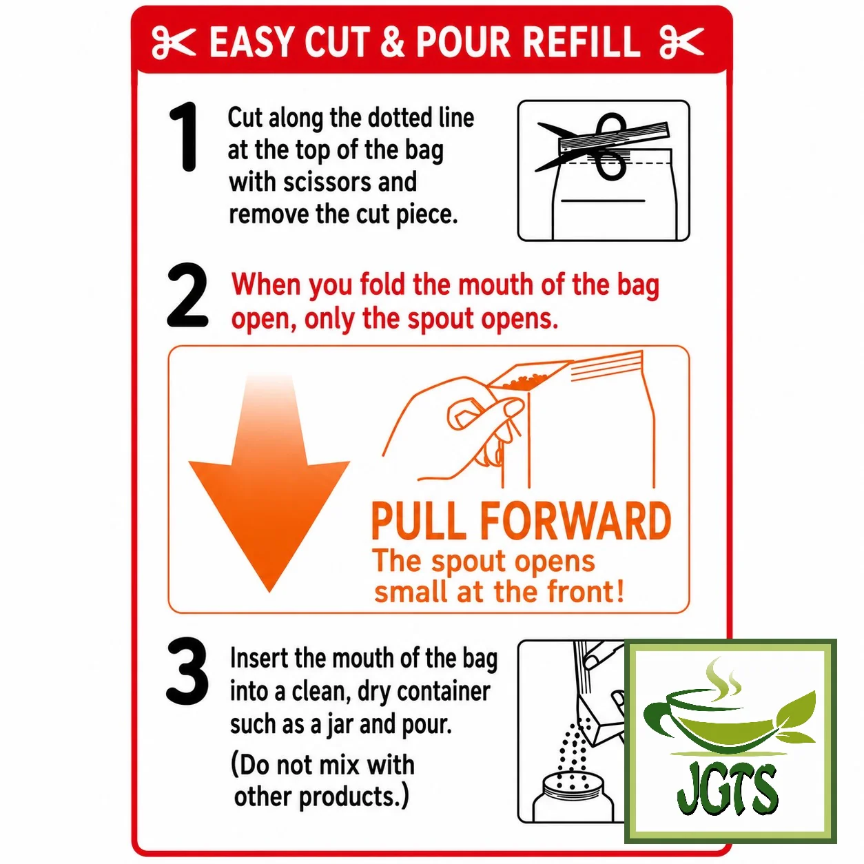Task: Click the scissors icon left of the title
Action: pos(174,43)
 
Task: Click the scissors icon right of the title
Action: pos(681,43)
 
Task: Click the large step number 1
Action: pos(184,136)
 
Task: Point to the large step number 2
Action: pos(187,296)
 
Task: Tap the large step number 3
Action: pos(187,671)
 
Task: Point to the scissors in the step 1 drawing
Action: pos(602,146)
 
